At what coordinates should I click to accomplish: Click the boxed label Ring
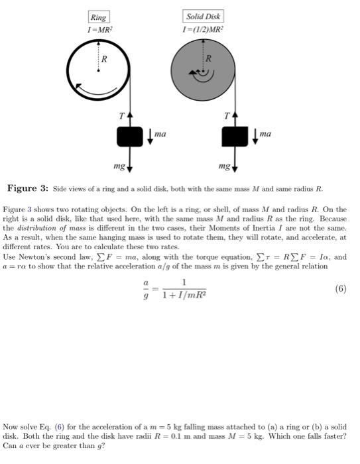98,18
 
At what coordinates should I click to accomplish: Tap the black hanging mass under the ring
130,136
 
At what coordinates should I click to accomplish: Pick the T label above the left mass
121,116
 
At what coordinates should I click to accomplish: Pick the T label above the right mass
227,116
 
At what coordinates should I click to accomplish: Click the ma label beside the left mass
160,135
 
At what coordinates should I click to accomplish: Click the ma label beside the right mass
265,135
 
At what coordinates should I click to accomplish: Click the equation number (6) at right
339,289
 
